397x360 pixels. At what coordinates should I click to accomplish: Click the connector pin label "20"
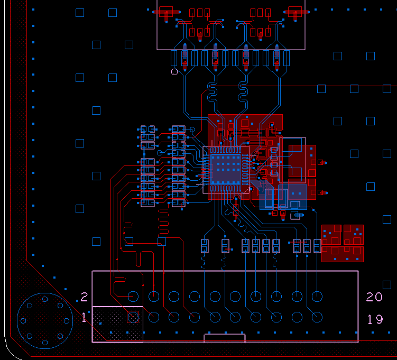click(x=374, y=297)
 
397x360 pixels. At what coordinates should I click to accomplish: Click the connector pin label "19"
click(x=375, y=319)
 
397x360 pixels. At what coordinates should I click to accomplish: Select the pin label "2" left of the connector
click(x=84, y=297)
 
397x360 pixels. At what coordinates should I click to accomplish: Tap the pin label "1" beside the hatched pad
click(x=84, y=318)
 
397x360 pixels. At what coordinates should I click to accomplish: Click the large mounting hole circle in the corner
click(x=45, y=320)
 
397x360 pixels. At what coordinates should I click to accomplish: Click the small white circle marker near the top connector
click(x=174, y=72)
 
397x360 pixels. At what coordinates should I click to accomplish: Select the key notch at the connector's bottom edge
click(x=225, y=337)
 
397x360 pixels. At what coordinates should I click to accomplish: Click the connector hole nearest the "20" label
click(x=317, y=296)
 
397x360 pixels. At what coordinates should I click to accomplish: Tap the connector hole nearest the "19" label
click(x=317, y=317)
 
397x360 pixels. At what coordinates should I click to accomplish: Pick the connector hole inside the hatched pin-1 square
click(x=133, y=317)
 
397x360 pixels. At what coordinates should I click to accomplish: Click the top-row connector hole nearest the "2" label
click(x=133, y=296)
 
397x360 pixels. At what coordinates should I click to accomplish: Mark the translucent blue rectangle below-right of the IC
click(x=284, y=197)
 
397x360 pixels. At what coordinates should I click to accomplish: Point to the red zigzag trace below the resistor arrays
click(x=163, y=221)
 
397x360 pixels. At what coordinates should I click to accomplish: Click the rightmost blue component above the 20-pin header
click(x=317, y=246)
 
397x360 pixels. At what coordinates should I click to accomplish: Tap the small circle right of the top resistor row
click(x=192, y=129)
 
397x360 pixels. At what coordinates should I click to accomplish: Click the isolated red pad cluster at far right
click(x=343, y=243)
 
